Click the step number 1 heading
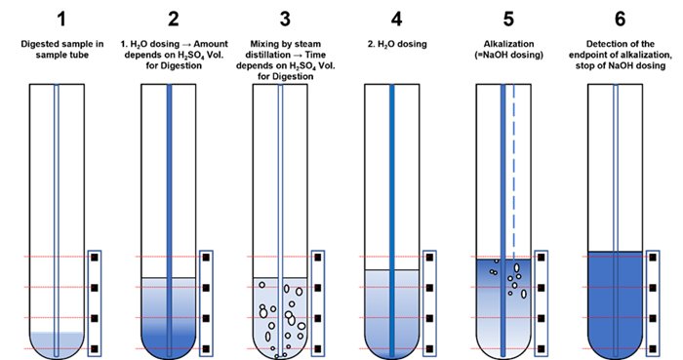click(61, 20)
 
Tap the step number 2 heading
click(174, 20)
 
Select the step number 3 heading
click(285, 20)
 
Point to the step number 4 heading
click(396, 20)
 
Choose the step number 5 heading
click(508, 20)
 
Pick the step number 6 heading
click(620, 20)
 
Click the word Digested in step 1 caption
click(38, 45)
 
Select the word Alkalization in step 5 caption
click(508, 44)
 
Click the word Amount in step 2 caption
click(211, 44)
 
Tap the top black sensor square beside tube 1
click(95, 258)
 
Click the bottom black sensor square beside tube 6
click(653, 348)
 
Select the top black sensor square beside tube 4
click(429, 258)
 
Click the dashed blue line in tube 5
click(514, 172)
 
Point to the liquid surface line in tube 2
click(169, 278)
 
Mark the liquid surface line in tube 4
click(392, 270)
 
